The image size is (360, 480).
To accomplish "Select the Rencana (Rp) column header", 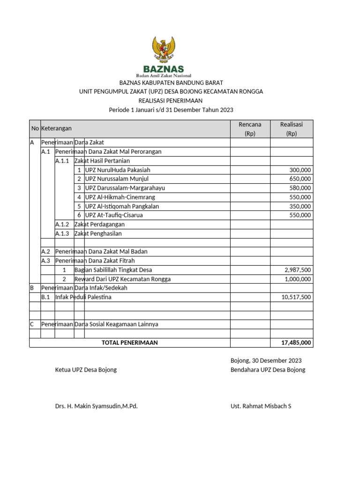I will [250, 128].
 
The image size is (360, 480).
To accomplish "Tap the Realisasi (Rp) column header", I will [291, 128].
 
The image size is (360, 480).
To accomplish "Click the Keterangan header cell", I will [56, 128].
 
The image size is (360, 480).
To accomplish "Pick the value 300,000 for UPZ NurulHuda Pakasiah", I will [300, 170].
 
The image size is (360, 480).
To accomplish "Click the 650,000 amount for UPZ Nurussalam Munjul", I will [300, 179].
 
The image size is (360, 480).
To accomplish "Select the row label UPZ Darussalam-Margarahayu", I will [125, 188].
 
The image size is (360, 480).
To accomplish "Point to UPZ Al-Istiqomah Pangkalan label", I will [122, 206].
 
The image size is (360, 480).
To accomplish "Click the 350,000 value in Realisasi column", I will [300, 206].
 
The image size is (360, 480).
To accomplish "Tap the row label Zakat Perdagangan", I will [99, 225].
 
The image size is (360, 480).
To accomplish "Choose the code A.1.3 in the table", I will [62, 233].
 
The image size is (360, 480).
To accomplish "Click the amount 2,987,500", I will [298, 270].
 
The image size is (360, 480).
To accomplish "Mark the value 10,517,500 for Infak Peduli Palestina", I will [296, 297].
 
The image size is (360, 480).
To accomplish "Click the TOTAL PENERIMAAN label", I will [129, 343].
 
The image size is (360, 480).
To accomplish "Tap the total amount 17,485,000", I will [296, 343].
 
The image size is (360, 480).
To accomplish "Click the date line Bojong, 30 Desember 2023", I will [266, 360].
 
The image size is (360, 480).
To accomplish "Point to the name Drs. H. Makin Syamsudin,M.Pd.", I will [96, 406].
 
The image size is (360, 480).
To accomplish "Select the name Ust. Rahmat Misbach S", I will [261, 406].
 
